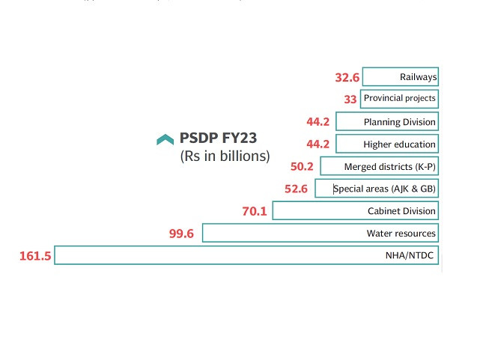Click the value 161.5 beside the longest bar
coord(35,256)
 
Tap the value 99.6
coord(182,234)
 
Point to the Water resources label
coord(401,234)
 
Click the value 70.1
coord(255,211)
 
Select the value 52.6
coord(296,189)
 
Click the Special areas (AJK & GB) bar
coord(376,189)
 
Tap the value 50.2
coord(303,166)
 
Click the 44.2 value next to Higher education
coord(318,144)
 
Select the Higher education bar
coord(386,144)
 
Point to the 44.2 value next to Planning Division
coord(318,121)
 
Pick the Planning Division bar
coord(386,121)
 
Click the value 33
coord(350,99)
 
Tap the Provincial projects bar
coord(398,98)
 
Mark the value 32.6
coord(347,77)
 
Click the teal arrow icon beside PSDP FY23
coord(165,139)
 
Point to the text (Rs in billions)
coord(225,156)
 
